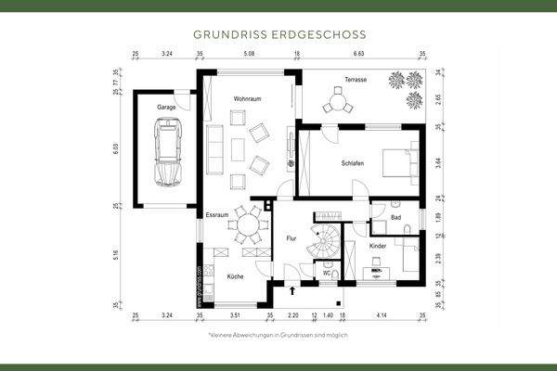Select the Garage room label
pyautogui.click(x=166, y=108)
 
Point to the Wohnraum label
pyautogui.click(x=246, y=97)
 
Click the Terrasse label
pyautogui.click(x=355, y=80)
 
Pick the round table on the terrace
pyautogui.click(x=339, y=105)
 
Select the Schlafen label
pyautogui.click(x=352, y=162)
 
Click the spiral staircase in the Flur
pyautogui.click(x=324, y=243)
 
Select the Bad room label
pyautogui.click(x=396, y=218)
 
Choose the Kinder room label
pyautogui.click(x=378, y=246)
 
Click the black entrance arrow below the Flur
pyautogui.click(x=293, y=290)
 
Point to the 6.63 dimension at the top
pyautogui.click(x=358, y=56)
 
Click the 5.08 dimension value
pyautogui.click(x=249, y=56)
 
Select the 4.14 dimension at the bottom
pyautogui.click(x=382, y=316)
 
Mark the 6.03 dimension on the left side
pyautogui.click(x=117, y=146)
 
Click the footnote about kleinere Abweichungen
pyautogui.click(x=278, y=334)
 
